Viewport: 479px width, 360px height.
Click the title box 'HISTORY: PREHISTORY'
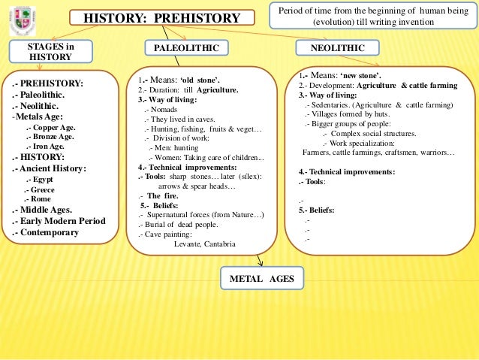pyautogui.click(x=161, y=18)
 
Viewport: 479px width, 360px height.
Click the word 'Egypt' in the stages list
pyautogui.click(x=42, y=180)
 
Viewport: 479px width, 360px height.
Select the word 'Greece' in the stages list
pyautogui.click(x=42, y=190)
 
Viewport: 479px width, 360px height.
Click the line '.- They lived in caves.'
pyautogui.click(x=179, y=119)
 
